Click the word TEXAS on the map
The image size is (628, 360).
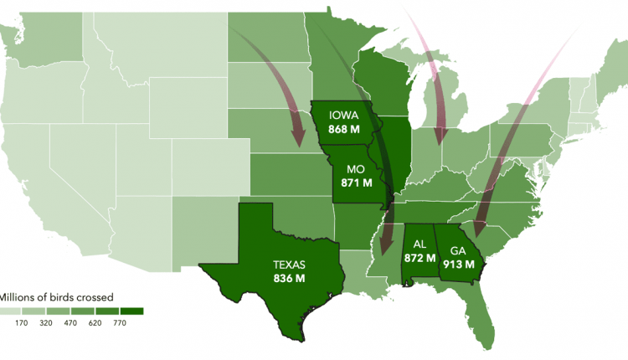point(289,264)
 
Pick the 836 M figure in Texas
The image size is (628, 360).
point(289,278)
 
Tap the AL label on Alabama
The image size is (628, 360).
point(420,244)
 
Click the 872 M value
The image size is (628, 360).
point(420,258)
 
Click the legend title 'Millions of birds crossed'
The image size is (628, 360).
point(54,296)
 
